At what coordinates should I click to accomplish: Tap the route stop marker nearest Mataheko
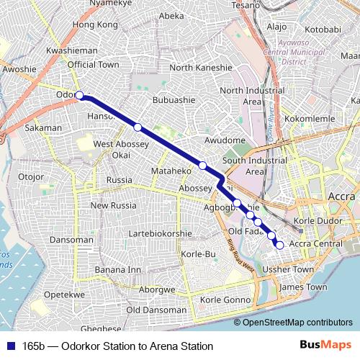tap(203, 166)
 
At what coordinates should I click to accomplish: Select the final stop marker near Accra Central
tap(279, 246)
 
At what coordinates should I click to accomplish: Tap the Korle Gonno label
tap(225, 300)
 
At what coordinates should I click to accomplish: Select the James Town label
tap(302, 287)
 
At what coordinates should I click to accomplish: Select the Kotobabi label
tap(327, 30)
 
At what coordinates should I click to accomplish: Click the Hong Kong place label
tap(94, 25)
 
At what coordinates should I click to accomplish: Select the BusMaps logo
tap(325, 346)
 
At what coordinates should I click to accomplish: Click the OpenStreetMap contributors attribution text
tap(298, 323)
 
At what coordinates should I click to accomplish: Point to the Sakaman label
tap(43, 128)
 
